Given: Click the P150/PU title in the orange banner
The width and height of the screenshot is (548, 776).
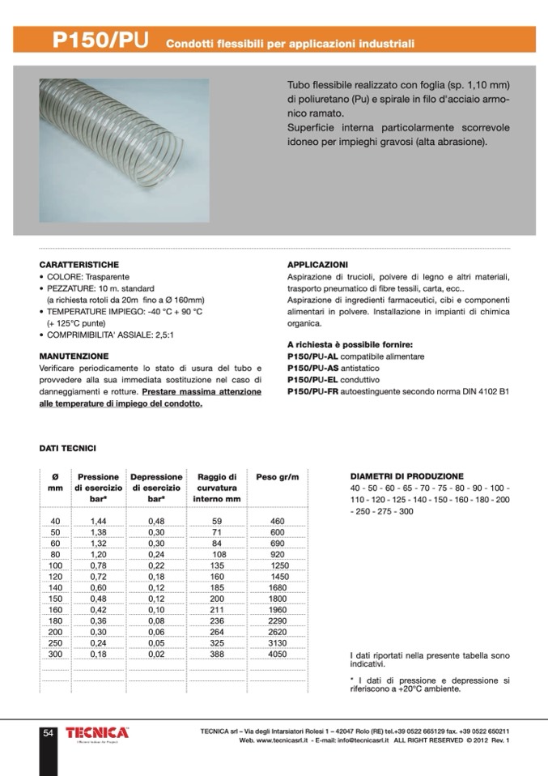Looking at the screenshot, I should click(100, 41).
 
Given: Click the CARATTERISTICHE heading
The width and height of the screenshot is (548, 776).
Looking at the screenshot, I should click(79, 265).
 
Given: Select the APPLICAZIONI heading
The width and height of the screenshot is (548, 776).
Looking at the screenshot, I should click(318, 265).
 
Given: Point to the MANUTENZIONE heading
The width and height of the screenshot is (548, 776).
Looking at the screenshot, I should click(74, 356).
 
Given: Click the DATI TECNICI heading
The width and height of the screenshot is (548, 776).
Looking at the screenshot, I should click(67, 447).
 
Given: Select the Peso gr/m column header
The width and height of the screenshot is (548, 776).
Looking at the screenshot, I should click(278, 477).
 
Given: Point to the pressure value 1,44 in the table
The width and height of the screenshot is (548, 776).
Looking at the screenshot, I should click(99, 521).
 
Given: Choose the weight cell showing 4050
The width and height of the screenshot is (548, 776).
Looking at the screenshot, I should click(277, 653).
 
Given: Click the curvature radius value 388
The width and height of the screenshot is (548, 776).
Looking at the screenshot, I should click(217, 653).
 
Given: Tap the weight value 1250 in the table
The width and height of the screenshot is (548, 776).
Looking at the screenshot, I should click(279, 565).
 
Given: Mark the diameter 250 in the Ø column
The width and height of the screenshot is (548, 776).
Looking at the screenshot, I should click(55, 642).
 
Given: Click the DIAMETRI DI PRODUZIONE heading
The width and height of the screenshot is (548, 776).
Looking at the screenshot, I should click(406, 476).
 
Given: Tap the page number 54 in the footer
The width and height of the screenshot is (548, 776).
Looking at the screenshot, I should click(49, 733).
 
